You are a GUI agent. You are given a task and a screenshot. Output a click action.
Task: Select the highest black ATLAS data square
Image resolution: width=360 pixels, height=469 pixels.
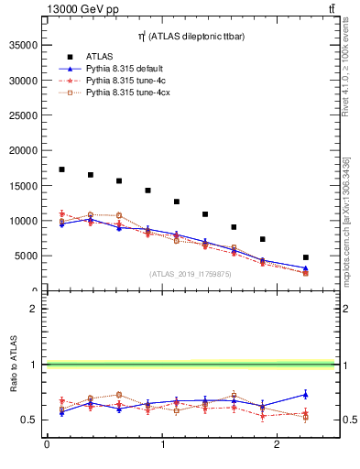61,169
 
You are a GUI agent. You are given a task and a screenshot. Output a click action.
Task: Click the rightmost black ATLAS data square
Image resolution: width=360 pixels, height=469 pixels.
306,257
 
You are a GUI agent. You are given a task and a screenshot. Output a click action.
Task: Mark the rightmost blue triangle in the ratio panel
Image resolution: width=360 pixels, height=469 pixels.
306,395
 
